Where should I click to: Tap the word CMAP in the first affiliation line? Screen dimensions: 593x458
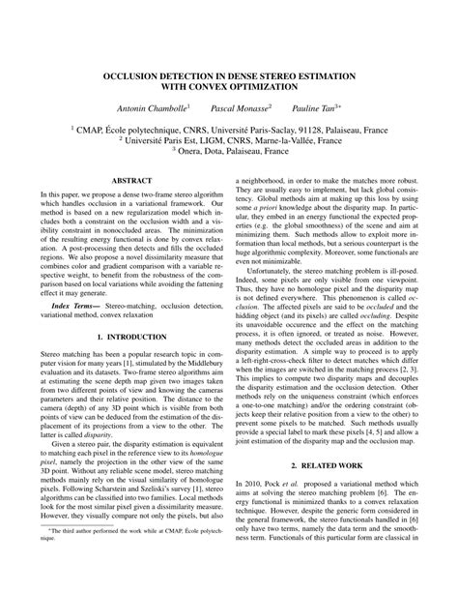tap(100, 127)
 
